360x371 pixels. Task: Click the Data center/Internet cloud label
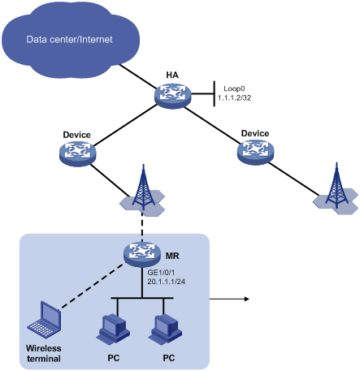tap(69, 40)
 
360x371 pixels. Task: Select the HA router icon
tap(173, 96)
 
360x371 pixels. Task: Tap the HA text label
tap(172, 75)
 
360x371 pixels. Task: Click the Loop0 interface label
tap(234, 88)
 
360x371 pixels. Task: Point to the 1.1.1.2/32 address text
tap(235, 98)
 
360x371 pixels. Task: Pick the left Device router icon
tap(78, 153)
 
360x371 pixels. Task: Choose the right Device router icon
tap(255, 152)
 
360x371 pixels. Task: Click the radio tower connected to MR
tap(143, 191)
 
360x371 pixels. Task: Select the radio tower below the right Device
tap(336, 189)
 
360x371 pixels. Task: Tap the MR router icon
tap(142, 254)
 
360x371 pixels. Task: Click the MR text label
tap(172, 256)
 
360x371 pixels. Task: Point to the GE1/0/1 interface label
tap(161, 272)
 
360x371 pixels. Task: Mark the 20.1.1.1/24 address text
tap(166, 282)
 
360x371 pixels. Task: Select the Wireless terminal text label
tap(44, 353)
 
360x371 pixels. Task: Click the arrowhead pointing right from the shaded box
tap(246, 299)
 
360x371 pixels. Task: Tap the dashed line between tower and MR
tap(142, 226)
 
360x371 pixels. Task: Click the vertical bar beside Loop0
tap(215, 93)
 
